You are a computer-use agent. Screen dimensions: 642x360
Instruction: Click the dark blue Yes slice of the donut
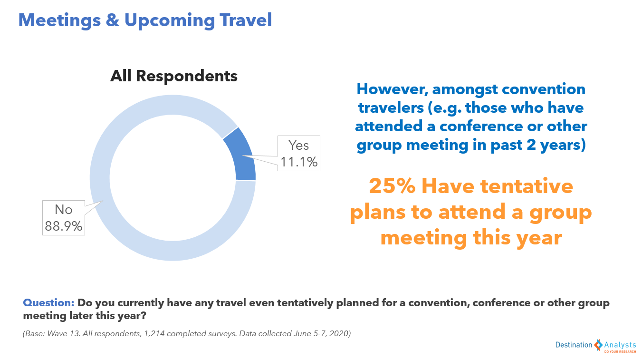click(x=241, y=156)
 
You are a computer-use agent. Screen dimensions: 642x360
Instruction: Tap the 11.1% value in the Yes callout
click(x=298, y=162)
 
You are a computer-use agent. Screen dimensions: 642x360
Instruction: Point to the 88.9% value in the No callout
click(x=64, y=226)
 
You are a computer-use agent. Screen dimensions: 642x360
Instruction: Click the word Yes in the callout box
click(x=298, y=145)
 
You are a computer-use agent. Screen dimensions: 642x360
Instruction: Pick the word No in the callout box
click(x=64, y=209)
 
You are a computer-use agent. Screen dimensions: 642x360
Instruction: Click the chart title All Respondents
click(x=173, y=76)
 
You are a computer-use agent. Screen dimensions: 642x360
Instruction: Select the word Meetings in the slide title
click(x=59, y=20)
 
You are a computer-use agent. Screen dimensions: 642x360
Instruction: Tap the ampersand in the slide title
click(x=113, y=20)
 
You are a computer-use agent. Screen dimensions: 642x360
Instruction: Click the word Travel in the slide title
click(x=246, y=20)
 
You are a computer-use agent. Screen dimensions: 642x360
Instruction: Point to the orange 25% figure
click(x=392, y=186)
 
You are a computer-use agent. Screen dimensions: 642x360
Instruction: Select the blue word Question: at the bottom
click(x=49, y=302)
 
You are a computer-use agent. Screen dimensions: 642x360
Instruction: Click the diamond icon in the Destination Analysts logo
click(x=598, y=345)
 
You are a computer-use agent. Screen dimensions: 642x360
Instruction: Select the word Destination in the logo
click(x=574, y=345)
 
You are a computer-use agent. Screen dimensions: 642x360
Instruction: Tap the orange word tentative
click(x=527, y=186)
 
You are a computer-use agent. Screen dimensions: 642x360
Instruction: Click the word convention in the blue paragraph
click(x=544, y=89)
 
